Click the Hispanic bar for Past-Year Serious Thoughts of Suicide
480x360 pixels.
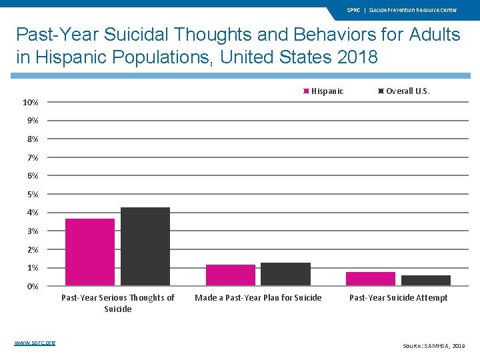90,252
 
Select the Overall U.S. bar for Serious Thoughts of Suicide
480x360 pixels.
145,247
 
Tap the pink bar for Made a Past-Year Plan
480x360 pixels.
231,275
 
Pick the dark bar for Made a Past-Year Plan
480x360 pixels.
285,274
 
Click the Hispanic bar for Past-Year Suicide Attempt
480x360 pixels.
371,279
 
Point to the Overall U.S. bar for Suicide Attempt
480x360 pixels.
426,281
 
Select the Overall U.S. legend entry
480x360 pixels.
404,91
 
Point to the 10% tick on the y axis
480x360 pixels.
31,103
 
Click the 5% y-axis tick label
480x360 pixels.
33,195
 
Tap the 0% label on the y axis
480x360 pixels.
33,287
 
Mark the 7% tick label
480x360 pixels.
33,158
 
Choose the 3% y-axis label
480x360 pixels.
33,231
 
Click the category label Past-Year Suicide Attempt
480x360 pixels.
399,298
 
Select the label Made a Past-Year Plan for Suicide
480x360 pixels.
258,298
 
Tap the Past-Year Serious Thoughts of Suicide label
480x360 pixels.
118,303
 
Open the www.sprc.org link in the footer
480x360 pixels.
35,343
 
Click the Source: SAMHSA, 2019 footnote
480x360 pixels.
434,346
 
